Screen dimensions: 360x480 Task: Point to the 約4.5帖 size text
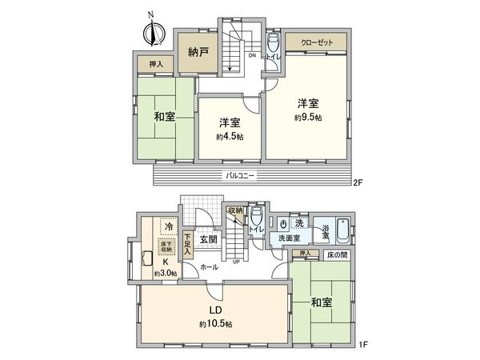[x=229, y=137]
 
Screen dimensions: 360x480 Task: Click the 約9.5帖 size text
[x=307, y=117]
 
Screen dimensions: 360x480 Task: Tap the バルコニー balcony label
[x=240, y=175]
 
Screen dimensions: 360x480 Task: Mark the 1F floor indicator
[x=363, y=344]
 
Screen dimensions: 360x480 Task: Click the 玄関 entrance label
[x=209, y=239]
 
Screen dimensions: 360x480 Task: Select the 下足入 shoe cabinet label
[x=187, y=243]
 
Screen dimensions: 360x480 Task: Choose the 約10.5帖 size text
[x=215, y=324]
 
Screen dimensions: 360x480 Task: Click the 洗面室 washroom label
[x=290, y=238]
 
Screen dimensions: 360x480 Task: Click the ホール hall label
[x=209, y=266]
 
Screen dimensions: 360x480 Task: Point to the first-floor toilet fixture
[x=257, y=218]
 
